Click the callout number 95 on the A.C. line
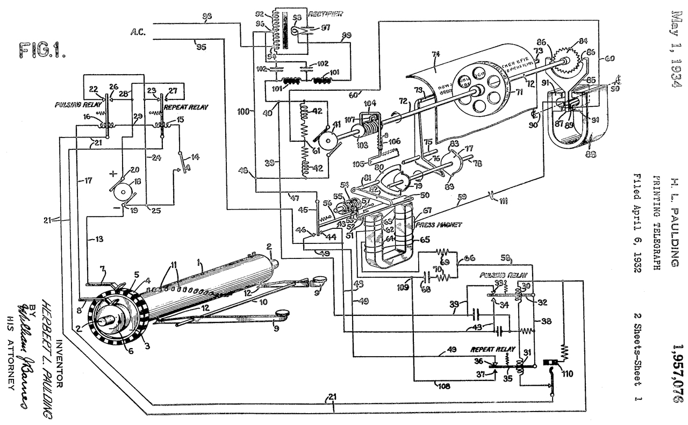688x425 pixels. (201, 47)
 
